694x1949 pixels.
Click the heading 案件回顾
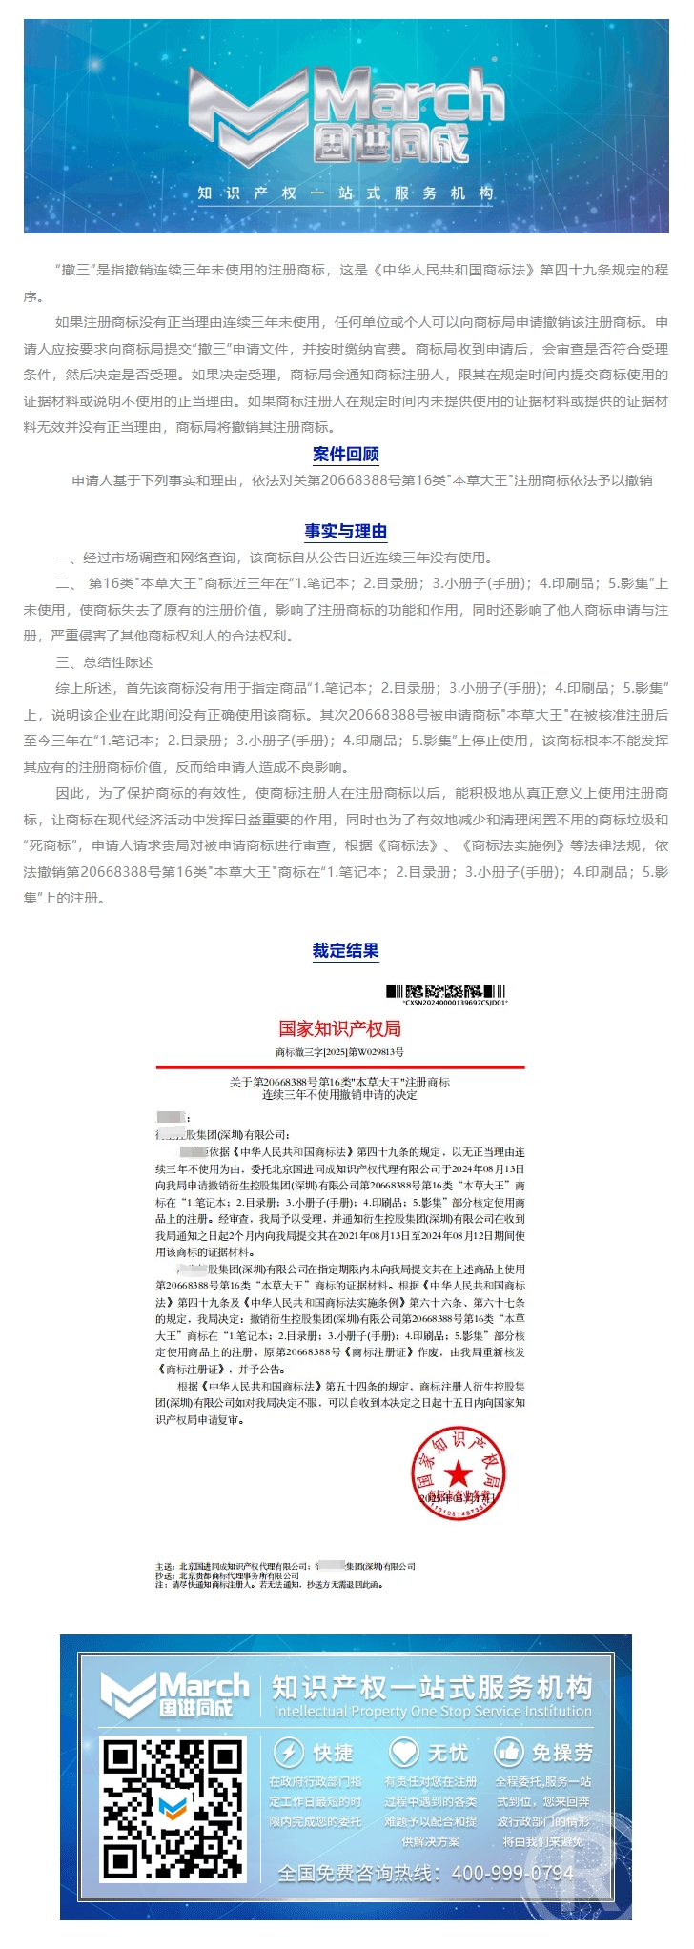click(346, 455)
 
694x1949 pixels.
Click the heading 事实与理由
click(346, 532)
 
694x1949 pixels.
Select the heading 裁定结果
click(346, 950)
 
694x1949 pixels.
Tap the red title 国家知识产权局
click(339, 1028)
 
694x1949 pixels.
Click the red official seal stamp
click(458, 1472)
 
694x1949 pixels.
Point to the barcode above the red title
click(445, 991)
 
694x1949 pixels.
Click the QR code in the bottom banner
click(173, 1797)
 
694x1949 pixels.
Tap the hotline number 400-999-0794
click(513, 1873)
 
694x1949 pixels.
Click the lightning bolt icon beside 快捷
click(289, 1752)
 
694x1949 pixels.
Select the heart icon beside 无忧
click(404, 1752)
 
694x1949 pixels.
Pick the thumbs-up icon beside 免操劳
click(509, 1752)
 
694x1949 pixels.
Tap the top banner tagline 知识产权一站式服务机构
click(346, 193)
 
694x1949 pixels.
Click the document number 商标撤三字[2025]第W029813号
click(339, 1052)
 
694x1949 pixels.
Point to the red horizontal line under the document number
click(340, 1067)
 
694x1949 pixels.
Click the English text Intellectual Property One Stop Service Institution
click(433, 1711)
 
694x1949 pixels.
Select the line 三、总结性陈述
click(105, 662)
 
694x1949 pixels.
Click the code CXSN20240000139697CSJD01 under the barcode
click(455, 1003)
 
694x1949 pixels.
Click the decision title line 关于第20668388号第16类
click(339, 1083)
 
